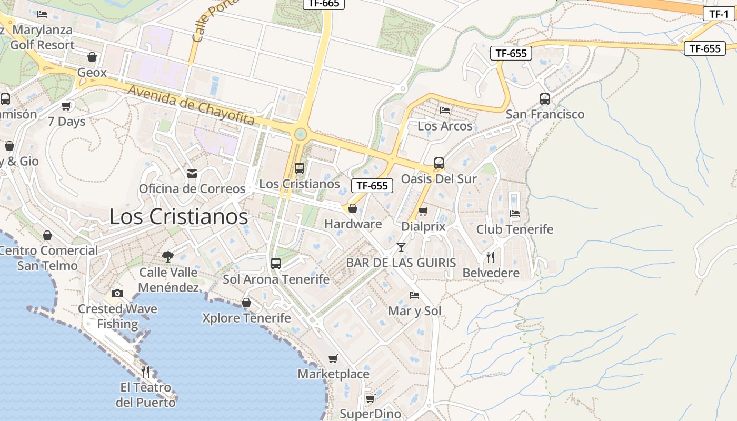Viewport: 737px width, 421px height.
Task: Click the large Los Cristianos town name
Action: point(178,216)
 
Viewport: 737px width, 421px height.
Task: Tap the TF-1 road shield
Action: point(719,14)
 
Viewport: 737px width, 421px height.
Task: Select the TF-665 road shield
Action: point(324,4)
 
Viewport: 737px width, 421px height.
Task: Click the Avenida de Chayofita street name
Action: point(191,105)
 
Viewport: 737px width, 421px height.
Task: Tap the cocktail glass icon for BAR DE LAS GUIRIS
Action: point(401,247)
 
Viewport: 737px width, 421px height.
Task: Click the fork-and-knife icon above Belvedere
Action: point(491,257)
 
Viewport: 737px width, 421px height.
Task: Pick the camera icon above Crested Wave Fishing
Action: point(117,293)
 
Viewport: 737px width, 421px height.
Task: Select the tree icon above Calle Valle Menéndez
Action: point(168,256)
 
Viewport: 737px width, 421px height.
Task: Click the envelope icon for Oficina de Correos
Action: point(192,173)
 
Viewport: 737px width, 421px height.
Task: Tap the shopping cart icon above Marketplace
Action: point(333,358)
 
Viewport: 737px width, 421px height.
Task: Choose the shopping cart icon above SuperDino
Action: point(370,398)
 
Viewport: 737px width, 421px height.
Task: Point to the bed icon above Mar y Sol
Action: point(414,295)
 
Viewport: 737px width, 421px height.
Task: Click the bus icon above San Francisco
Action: point(545,98)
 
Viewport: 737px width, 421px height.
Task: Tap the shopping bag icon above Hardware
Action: point(353,208)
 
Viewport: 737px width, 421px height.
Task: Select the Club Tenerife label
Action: point(515,229)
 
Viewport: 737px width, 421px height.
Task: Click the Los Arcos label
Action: point(445,126)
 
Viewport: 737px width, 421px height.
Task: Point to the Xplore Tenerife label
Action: point(246,318)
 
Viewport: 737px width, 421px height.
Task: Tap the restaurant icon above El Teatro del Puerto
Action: point(145,372)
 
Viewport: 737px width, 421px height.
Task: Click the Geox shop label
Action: point(92,73)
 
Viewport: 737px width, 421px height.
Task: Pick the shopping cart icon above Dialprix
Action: point(423,211)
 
